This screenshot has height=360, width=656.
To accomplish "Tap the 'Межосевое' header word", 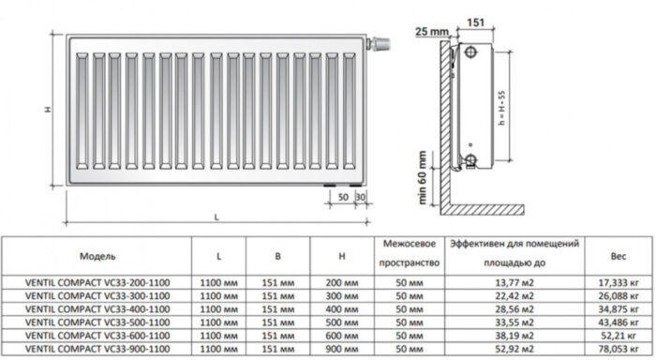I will tap(407, 243).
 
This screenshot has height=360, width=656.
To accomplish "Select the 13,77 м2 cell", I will tap(512, 281).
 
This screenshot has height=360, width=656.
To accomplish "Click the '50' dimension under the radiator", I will tap(344, 199).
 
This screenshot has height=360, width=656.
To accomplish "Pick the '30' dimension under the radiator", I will tap(361, 199).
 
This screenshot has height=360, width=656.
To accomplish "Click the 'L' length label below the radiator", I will tap(216, 218).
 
